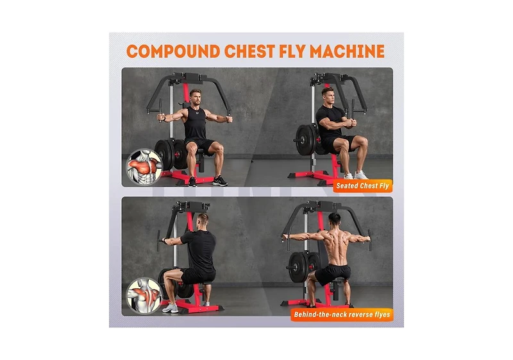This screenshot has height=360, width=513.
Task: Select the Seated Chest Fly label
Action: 363,187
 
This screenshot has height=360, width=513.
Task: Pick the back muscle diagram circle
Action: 143,295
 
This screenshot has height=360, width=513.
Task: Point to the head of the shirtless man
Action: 333,219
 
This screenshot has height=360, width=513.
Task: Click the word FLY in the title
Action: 305,52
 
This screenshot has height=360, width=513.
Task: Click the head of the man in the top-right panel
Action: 328,94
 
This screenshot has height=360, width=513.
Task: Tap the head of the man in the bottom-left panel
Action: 203,219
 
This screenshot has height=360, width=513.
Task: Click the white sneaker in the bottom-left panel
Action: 171,309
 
